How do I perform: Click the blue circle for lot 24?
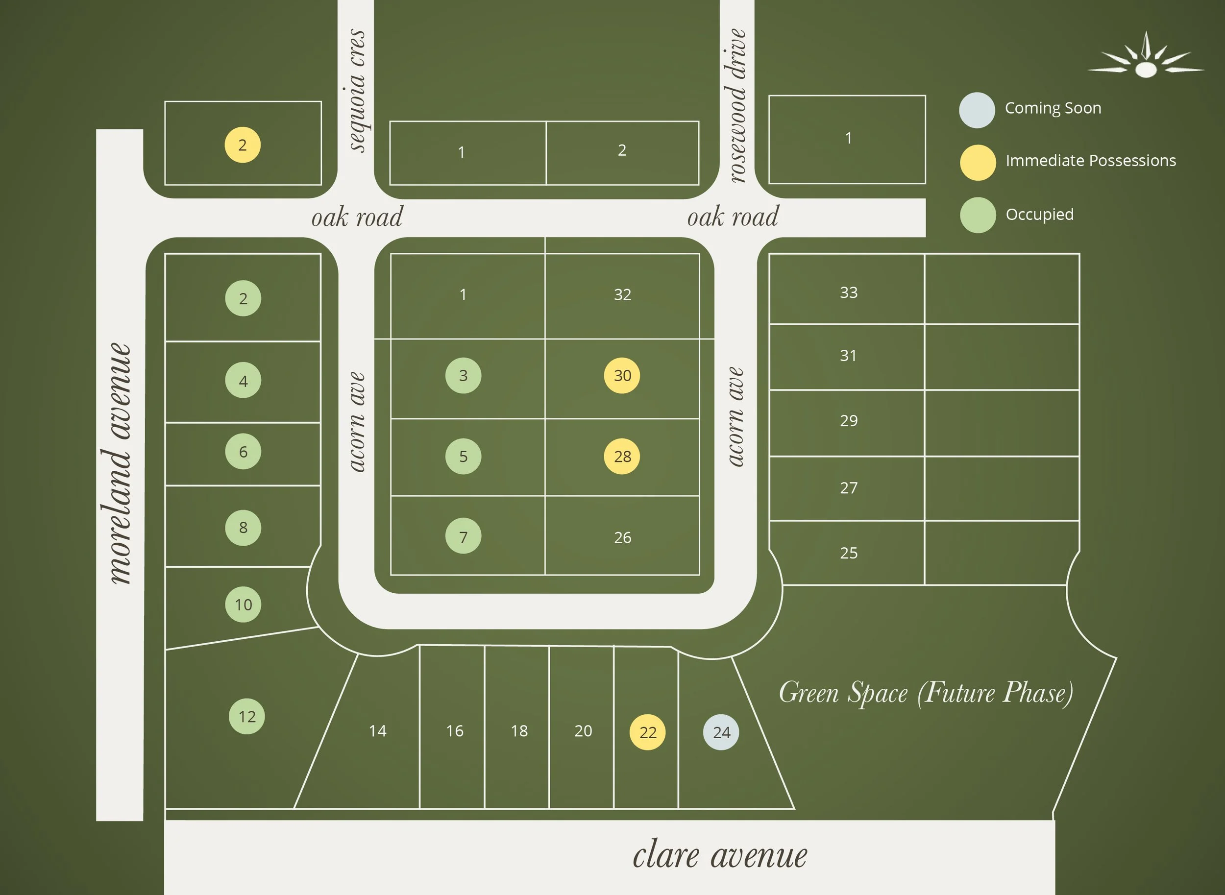click(721, 732)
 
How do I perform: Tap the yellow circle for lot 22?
click(647, 732)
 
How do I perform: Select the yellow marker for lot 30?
click(622, 375)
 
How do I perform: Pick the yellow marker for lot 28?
click(622, 456)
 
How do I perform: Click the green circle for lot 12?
click(247, 716)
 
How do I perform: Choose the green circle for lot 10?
click(243, 604)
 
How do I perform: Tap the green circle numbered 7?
click(463, 536)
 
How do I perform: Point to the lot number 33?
click(849, 292)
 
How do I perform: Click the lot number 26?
click(622, 537)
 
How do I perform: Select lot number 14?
click(378, 731)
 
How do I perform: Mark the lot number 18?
click(519, 731)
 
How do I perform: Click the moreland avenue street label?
click(118, 463)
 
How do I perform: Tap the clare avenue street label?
click(719, 855)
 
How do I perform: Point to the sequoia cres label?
click(357, 91)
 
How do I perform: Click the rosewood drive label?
click(737, 106)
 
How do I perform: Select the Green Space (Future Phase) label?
click(926, 692)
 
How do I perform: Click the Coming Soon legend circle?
click(977, 110)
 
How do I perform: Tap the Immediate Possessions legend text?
click(1091, 160)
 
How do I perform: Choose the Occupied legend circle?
click(978, 215)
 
